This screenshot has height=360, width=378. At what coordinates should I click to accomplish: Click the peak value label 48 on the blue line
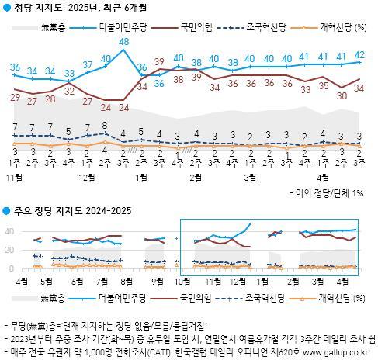(123, 41)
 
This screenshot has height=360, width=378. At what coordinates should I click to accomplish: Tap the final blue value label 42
(359, 54)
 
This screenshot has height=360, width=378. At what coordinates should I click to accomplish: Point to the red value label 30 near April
(341, 95)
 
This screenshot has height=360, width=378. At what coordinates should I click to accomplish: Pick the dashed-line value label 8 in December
(105, 125)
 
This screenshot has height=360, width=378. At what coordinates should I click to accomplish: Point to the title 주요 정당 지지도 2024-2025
(66, 210)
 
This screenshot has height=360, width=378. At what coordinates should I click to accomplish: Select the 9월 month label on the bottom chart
(158, 280)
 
